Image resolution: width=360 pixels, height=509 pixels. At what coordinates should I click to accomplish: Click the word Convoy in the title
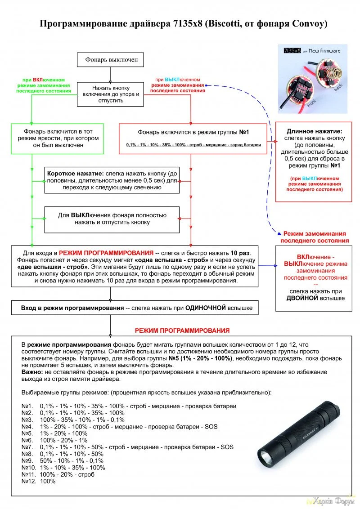coord(302,23)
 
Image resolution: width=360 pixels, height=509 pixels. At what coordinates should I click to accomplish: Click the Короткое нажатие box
coord(112,180)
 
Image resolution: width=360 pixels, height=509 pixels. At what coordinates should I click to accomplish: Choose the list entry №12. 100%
coord(39,481)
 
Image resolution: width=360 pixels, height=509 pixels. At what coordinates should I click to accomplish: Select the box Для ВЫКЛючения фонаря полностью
coord(112,219)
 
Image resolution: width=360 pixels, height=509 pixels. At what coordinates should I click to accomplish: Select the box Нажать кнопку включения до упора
coord(111,94)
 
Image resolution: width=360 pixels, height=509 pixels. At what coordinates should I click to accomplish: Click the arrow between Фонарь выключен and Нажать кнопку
coord(110,74)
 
